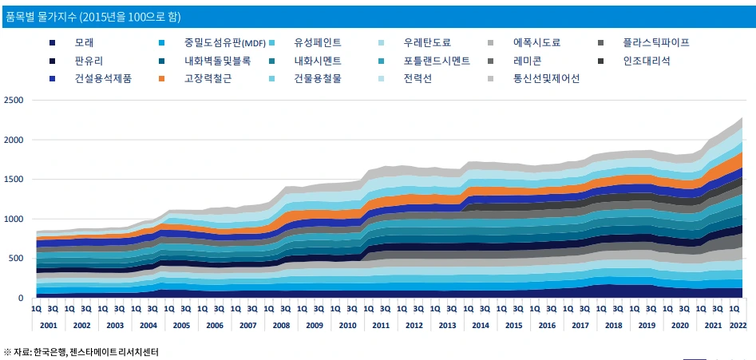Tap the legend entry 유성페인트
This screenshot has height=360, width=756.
coord(318,42)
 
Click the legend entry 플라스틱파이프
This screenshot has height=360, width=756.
coord(655,42)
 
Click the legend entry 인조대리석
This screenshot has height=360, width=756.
coord(646,61)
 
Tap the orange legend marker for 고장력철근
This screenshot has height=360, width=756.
coord(162,79)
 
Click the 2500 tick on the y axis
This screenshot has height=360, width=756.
coord(14,101)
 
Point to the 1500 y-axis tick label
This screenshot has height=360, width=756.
coord(14,180)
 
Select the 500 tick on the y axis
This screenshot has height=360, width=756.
coord(16,259)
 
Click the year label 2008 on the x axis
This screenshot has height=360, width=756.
coord(281,326)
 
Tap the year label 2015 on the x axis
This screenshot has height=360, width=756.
coord(513,326)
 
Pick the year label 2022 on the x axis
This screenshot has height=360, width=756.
coord(738,326)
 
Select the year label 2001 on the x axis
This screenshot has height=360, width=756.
coord(48,326)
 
